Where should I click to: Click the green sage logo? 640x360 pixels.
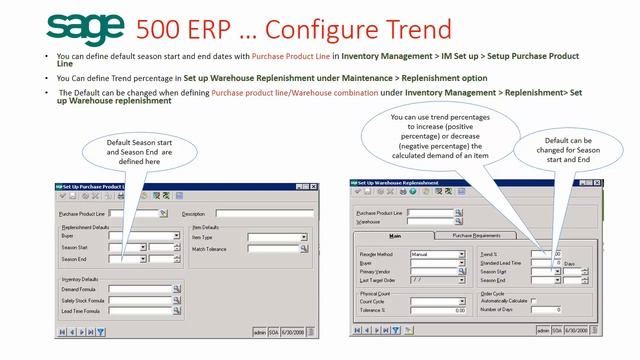(x=85, y=29)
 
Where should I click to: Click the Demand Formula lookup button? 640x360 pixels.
(x=175, y=288)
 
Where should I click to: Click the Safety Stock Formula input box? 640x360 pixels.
(x=139, y=299)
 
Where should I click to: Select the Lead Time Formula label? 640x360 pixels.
(x=82, y=310)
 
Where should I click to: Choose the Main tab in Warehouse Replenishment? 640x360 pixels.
(x=395, y=236)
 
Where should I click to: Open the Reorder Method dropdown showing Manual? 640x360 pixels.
(x=462, y=254)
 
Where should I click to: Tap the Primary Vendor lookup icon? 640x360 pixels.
(x=462, y=271)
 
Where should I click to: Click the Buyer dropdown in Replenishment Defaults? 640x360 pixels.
(x=142, y=237)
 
